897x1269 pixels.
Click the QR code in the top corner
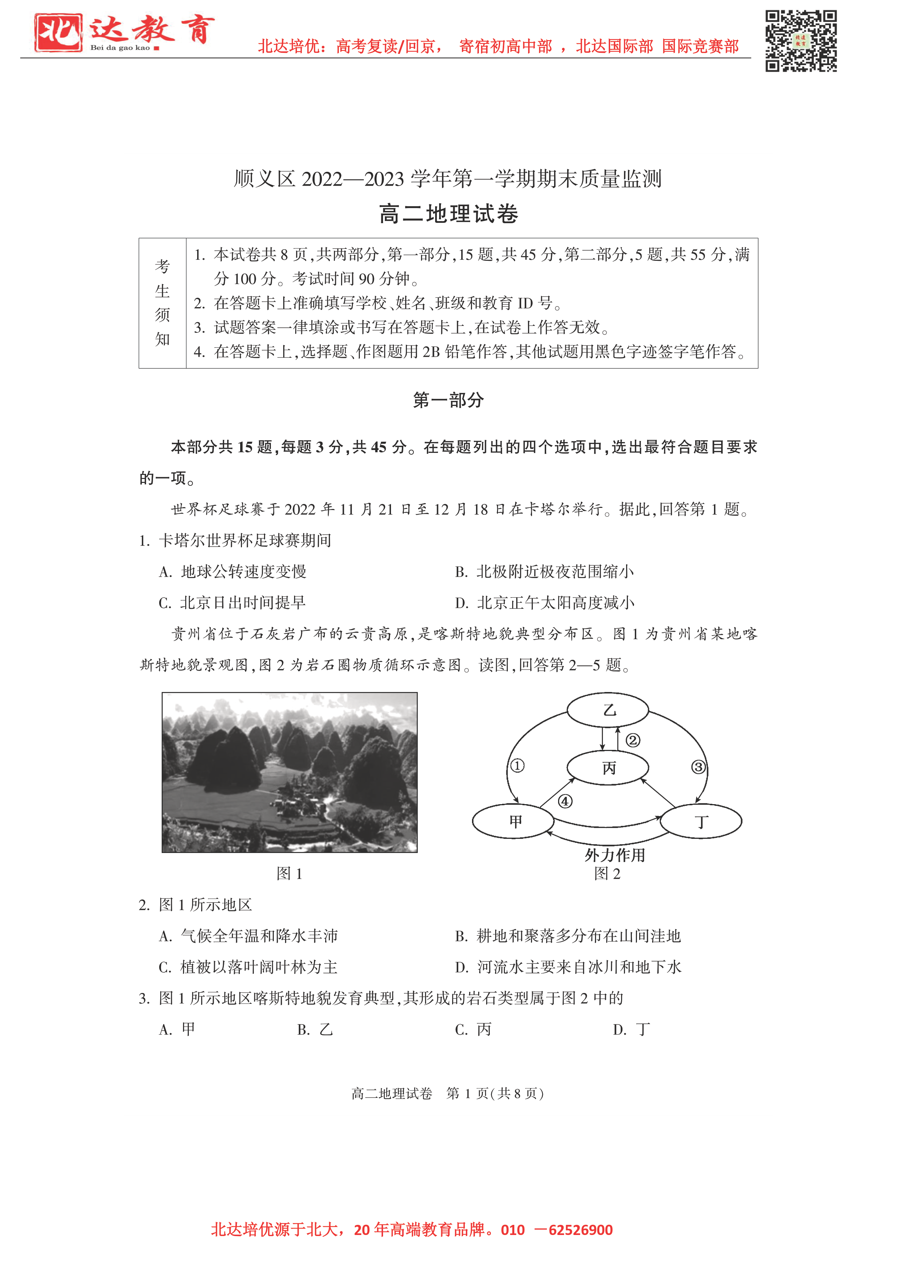[800, 41]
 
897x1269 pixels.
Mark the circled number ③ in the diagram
[698, 767]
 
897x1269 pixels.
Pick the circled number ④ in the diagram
[565, 801]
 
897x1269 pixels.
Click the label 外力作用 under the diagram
[615, 856]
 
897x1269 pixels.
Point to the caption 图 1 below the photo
[289, 874]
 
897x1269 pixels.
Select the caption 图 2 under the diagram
[607, 874]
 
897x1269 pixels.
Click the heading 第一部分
[448, 400]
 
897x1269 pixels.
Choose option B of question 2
[567, 936]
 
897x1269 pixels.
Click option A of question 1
[232, 572]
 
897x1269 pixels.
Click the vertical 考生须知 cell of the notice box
[162, 303]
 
